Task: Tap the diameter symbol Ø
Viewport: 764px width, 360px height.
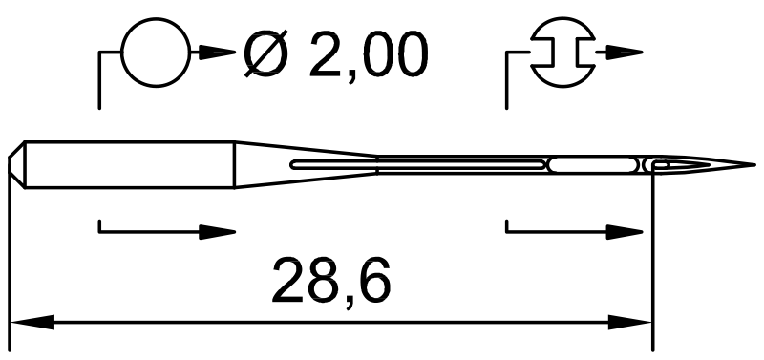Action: tap(265, 53)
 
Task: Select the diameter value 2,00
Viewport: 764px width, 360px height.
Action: tap(369, 55)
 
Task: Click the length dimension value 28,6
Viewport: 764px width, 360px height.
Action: tap(331, 282)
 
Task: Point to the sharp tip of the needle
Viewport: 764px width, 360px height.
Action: tap(754, 165)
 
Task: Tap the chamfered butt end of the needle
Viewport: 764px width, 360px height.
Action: tap(16, 164)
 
